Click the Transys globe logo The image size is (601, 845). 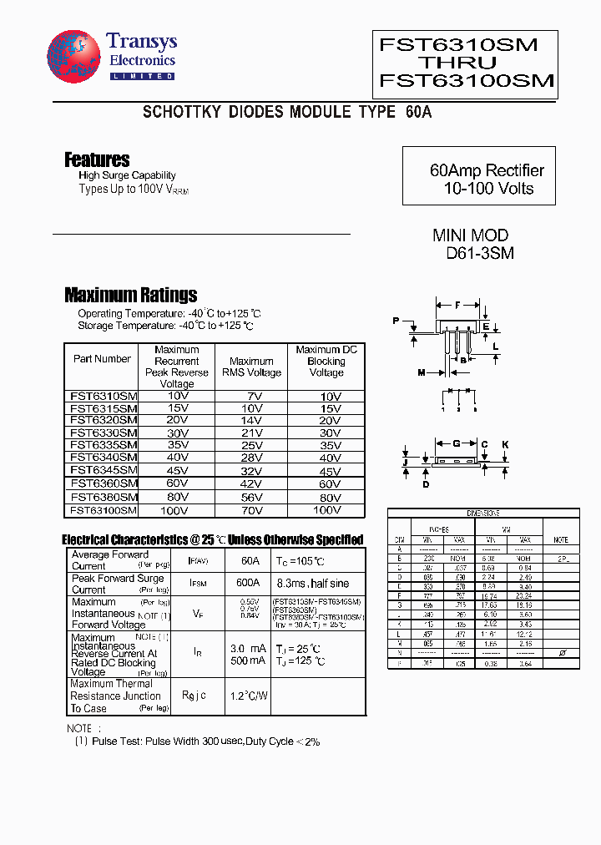73,58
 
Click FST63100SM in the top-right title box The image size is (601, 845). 467,80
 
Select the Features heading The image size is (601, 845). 97,159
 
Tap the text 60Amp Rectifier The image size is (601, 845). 487,170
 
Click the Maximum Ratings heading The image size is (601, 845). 130,295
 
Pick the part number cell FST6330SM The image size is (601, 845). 104,433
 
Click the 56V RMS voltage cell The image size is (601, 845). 250,497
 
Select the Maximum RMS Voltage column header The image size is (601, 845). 251,367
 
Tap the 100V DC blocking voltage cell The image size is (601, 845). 326,509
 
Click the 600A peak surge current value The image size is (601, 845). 248,583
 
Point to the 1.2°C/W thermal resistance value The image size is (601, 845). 249,696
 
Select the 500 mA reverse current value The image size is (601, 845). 249,660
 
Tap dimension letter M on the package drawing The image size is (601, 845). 421,372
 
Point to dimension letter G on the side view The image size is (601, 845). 456,443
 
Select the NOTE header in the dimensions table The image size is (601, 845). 560,540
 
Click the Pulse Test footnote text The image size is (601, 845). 198,741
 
